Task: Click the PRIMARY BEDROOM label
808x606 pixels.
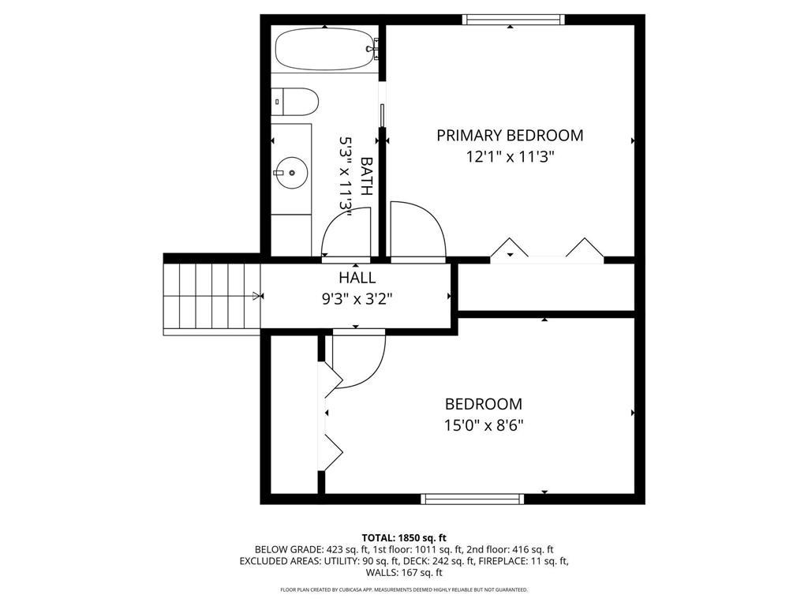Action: pos(510,136)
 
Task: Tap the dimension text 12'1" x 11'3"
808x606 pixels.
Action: pos(510,157)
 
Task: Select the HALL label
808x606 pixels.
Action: pos(357,278)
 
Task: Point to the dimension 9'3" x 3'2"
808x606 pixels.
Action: pos(357,299)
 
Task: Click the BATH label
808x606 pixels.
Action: pos(367,176)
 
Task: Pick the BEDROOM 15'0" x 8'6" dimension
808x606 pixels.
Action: pos(484,425)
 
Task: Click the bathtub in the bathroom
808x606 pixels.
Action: pos(326,49)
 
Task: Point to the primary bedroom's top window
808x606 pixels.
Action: pos(513,20)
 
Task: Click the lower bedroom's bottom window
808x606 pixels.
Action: pos(472,499)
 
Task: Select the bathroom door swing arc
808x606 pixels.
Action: pos(345,231)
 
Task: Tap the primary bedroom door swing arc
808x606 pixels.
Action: pos(421,229)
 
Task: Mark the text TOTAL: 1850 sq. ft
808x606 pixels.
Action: pos(404,538)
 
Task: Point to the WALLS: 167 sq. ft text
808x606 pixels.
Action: pos(404,573)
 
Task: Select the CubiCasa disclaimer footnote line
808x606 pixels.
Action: pos(404,590)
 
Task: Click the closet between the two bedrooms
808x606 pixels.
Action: pos(546,287)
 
